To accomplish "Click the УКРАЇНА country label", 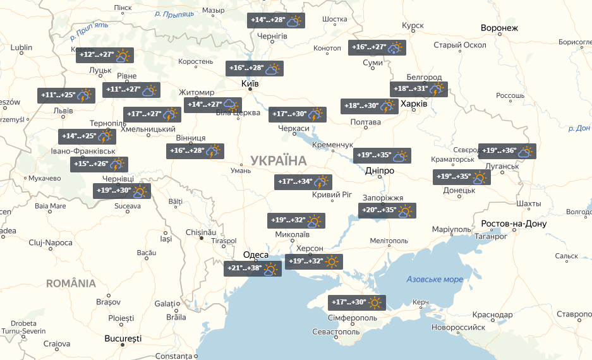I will point(278,160).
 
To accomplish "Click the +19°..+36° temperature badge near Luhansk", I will point(507,152).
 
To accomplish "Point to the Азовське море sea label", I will point(435,279).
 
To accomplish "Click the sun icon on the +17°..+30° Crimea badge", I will point(376,303).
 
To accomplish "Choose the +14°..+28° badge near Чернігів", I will point(276,20).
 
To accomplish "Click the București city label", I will point(123,339).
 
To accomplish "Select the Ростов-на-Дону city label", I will point(513,224).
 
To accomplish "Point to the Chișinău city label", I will point(201,232).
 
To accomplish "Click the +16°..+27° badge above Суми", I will point(377,48).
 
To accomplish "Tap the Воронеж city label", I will point(498,28).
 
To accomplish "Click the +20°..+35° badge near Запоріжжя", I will point(387,211).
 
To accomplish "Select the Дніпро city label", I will point(379,171).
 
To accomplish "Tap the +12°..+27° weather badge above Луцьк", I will point(105,56).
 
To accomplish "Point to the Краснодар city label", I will point(492,315).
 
